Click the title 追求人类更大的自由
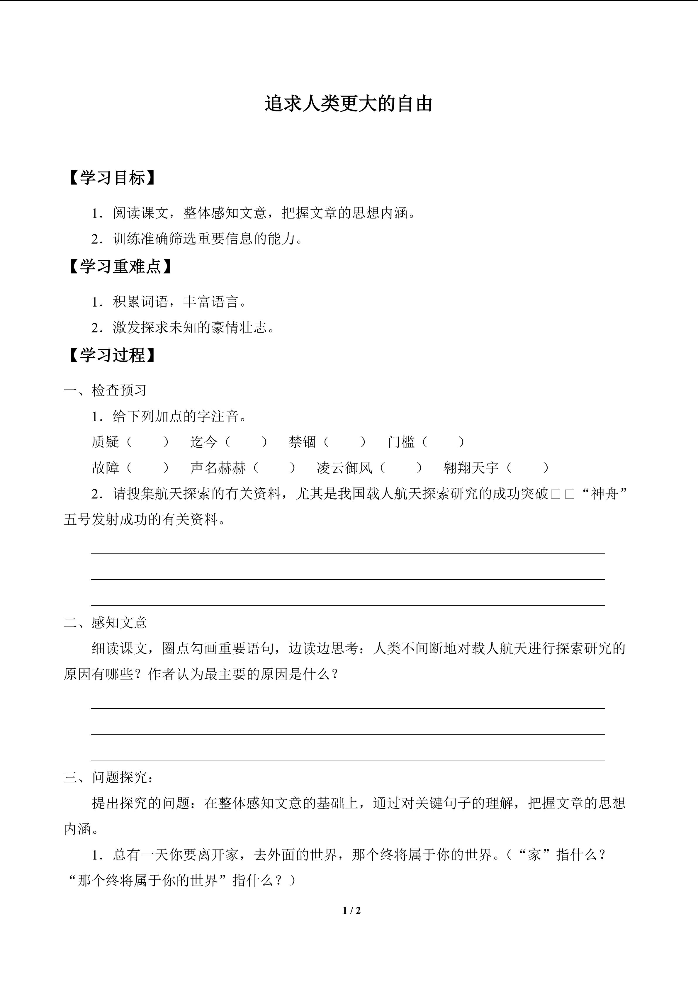coord(349,104)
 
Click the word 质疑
coord(105,442)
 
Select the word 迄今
coord(204,442)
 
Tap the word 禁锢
coord(302,442)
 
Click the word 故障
coord(105,468)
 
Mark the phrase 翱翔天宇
coord(471,468)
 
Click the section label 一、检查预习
coord(105,390)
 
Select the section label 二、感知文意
coord(105,622)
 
